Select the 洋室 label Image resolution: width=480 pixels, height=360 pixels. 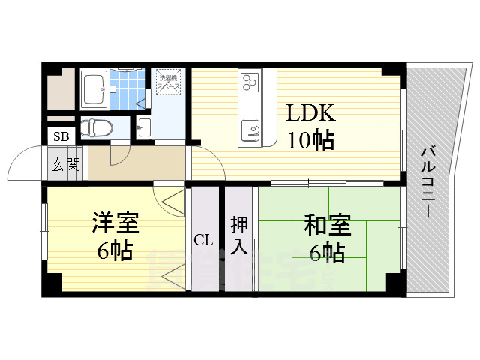[114, 223]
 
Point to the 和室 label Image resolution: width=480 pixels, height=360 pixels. [328, 225]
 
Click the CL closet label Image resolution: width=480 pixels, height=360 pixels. [204, 241]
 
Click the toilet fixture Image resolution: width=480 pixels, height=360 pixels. [94, 127]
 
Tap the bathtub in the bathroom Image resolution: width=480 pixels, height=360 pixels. [94, 89]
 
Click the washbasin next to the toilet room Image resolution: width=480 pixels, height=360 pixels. [144, 127]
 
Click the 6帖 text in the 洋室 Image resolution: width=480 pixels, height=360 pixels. [114, 251]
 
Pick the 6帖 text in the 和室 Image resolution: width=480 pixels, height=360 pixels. [327, 253]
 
